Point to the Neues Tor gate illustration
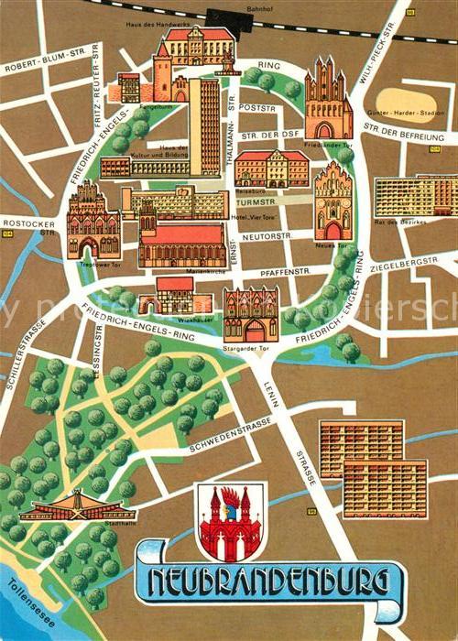(333, 201)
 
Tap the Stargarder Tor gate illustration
(250, 315)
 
